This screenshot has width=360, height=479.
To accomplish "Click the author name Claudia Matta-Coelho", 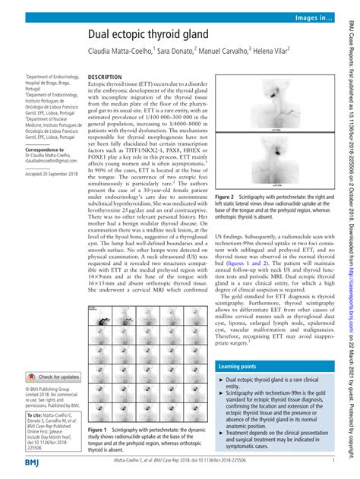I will click(x=120, y=53).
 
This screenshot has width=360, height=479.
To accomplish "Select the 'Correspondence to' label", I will click(x=48, y=150).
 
